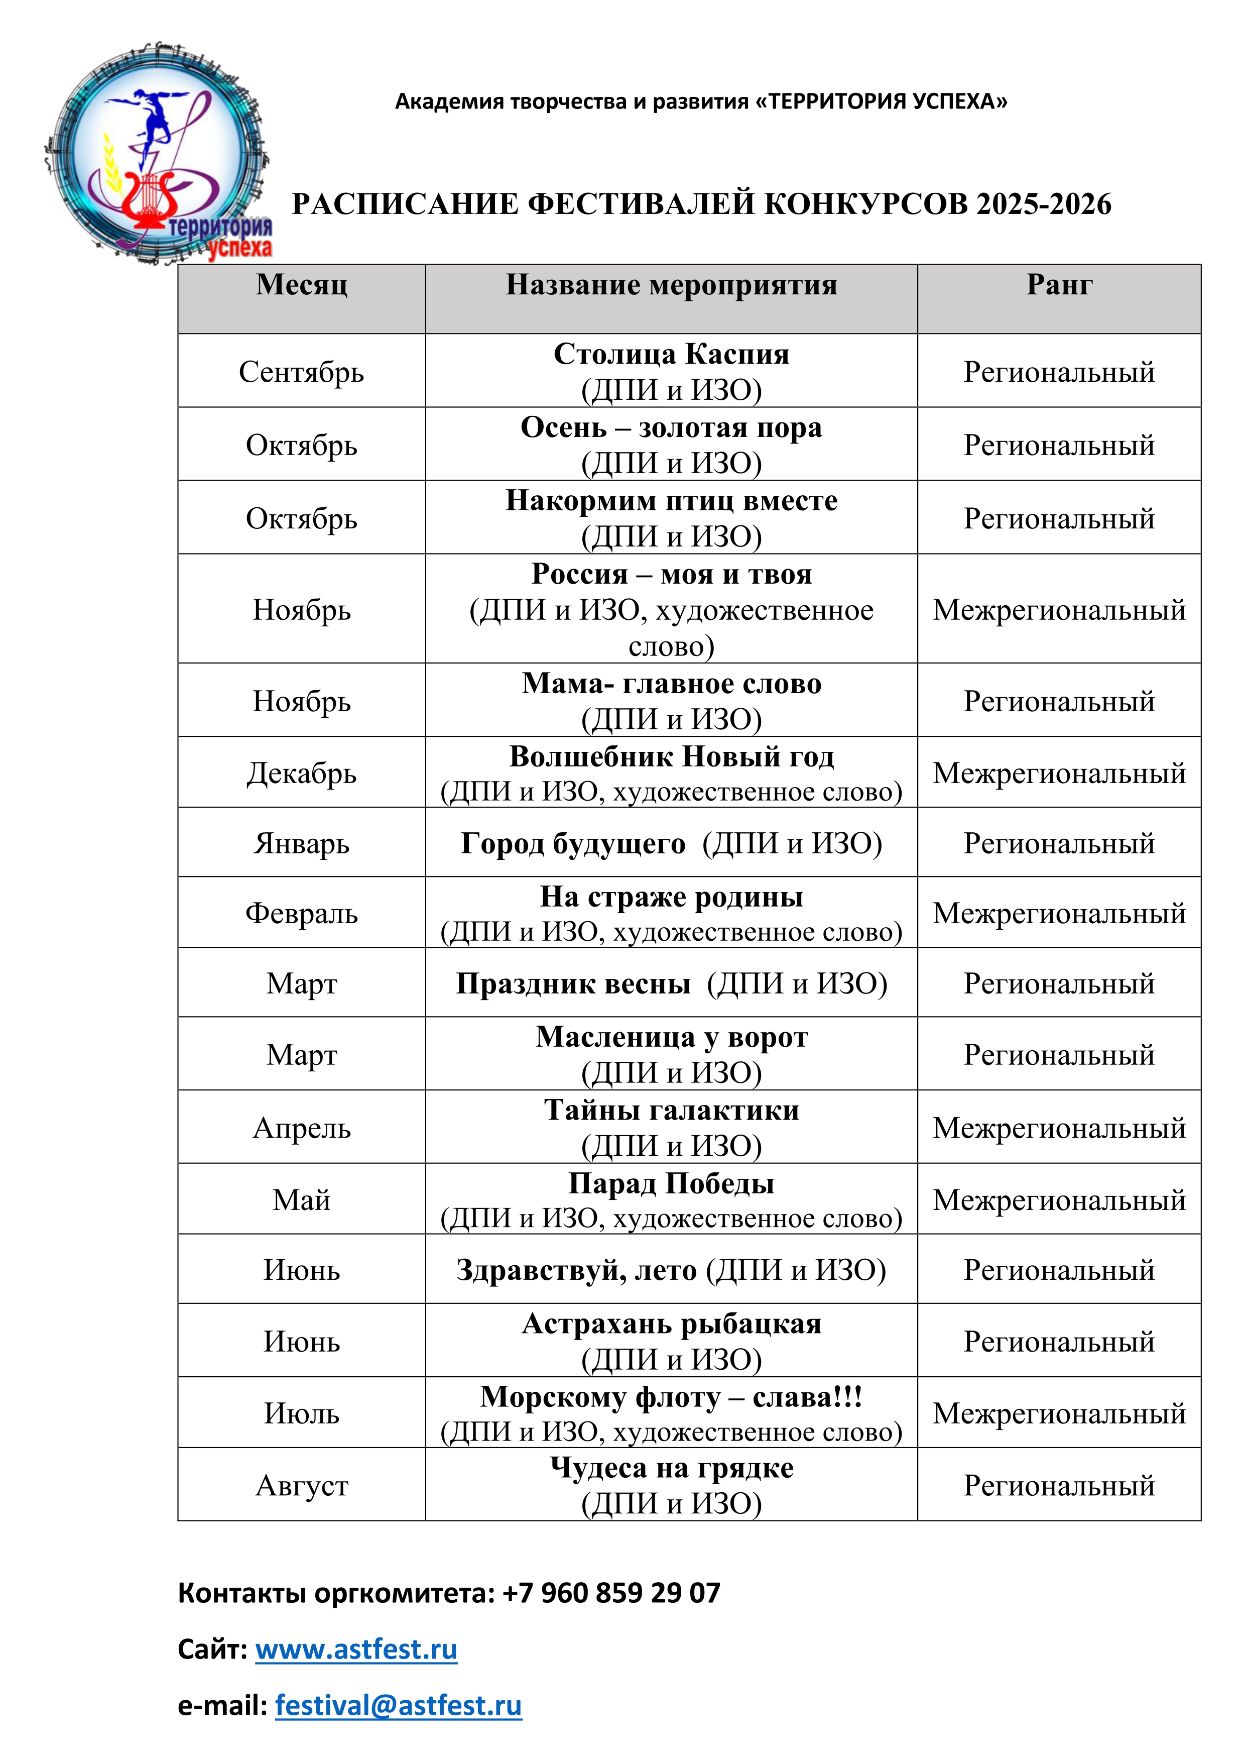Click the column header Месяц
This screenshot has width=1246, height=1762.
pos(302,285)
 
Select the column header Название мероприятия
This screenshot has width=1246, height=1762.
pos(671,285)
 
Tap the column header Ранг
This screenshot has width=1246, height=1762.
pos(1059,285)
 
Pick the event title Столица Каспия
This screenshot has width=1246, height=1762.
pos(671,354)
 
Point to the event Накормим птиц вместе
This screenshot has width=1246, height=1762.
pos(671,500)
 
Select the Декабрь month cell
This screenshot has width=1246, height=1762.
pos(302,773)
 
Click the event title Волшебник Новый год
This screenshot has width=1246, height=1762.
pos(671,756)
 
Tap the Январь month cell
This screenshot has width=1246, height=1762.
pos(302,843)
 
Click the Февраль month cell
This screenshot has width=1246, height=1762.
pos(302,913)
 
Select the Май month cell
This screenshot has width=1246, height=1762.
pos(302,1199)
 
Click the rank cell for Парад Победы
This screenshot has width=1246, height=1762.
pos(1059,1199)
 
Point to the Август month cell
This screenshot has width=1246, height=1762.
pos(302,1485)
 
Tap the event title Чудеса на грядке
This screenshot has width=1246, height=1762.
pos(671,1467)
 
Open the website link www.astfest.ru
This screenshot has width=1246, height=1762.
pos(356,1648)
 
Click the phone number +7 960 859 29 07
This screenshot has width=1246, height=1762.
pos(611,1592)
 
